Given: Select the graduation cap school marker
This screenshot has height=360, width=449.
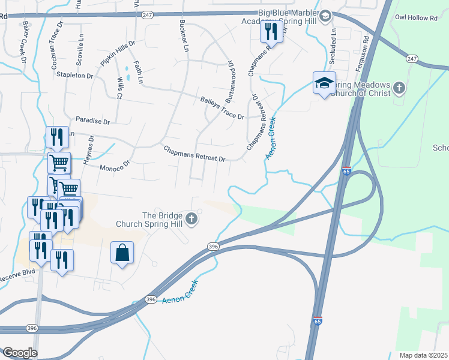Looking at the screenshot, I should point(324,84).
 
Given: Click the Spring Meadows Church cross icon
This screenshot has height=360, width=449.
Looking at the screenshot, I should point(399,89).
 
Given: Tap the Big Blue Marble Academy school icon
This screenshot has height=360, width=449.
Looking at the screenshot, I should point(325,16).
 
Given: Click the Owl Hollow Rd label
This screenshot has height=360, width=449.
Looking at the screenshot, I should point(416,18).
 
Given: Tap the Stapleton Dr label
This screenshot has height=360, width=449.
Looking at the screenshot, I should point(74,76).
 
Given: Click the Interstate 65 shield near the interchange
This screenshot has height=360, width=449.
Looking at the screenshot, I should point(346,171).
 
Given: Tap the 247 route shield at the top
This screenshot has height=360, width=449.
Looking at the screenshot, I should point(147,16).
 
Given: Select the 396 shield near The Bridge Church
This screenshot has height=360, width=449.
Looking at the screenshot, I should point(212,246).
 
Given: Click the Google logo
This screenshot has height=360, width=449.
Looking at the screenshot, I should point(20,353).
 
